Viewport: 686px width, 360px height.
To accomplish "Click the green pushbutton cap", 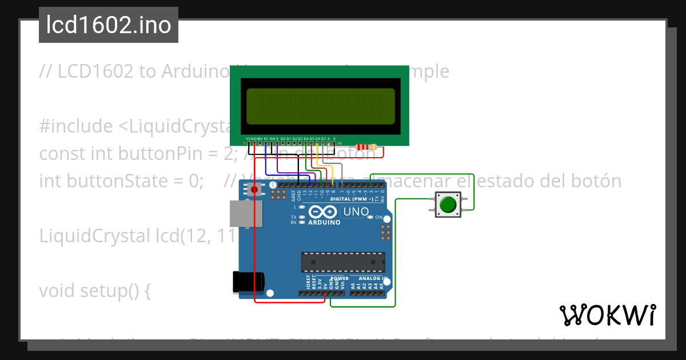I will point(449,204).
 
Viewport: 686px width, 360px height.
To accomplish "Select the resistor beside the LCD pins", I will point(366,147).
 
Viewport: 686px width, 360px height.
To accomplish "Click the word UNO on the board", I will point(355,212).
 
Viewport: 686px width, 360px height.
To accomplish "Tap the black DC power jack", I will point(249,282).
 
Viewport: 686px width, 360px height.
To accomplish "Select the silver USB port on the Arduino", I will point(246,214).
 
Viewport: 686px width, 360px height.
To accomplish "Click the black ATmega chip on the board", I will point(343,262).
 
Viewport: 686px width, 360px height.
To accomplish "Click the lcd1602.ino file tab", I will point(109,25).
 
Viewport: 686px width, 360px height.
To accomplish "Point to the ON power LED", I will point(371,218).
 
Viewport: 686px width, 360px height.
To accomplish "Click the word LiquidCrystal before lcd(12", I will point(94,235).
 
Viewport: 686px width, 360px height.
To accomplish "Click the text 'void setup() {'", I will point(94,291).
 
